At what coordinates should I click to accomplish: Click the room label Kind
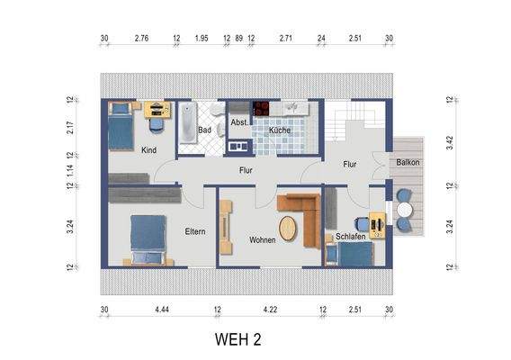pyautogui.click(x=149, y=150)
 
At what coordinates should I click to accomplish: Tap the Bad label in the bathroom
pyautogui.click(x=204, y=130)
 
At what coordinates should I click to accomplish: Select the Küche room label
pyautogui.click(x=278, y=130)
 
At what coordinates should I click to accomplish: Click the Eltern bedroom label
pyautogui.click(x=194, y=231)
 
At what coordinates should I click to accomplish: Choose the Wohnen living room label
pyautogui.click(x=263, y=240)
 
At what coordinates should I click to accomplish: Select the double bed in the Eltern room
pyautogui.click(x=148, y=238)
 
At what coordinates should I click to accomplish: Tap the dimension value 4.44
pyautogui.click(x=162, y=310)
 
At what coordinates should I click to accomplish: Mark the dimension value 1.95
pyautogui.click(x=202, y=39)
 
